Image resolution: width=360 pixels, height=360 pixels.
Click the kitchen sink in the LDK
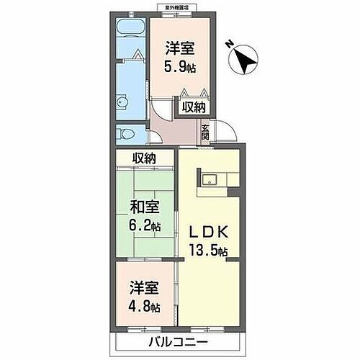(212, 179)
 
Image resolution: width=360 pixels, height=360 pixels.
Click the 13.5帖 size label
(210, 251)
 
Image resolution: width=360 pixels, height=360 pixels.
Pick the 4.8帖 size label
(145, 307)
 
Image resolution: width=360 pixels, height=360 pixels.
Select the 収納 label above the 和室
(144, 158)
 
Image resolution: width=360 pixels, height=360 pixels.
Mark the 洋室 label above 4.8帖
(145, 291)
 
